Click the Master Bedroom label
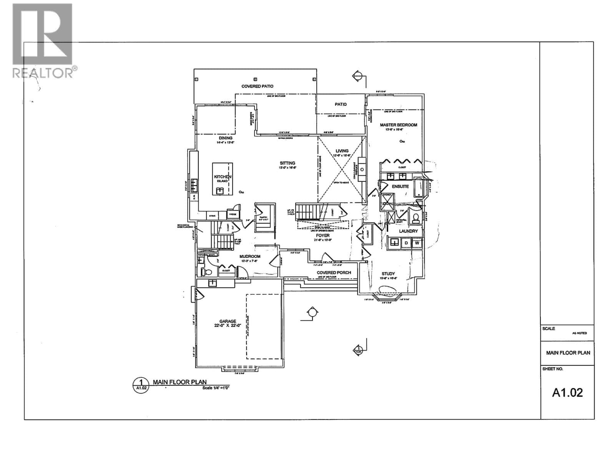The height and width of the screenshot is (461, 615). pyautogui.click(x=398, y=125)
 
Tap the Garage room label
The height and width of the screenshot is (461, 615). pyautogui.click(x=228, y=322)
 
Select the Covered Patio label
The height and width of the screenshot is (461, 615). pyautogui.click(x=257, y=86)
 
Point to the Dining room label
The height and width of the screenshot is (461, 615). pyautogui.click(x=226, y=138)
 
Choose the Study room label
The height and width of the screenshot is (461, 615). pyautogui.click(x=388, y=274)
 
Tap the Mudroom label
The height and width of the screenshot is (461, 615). pyautogui.click(x=250, y=256)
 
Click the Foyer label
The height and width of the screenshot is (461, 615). pyautogui.click(x=322, y=235)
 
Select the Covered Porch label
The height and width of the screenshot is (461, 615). pyautogui.click(x=334, y=273)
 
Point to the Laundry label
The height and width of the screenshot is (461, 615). pyautogui.click(x=408, y=231)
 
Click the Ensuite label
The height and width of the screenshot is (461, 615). pyautogui.click(x=400, y=186)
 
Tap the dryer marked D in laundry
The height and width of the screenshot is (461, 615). pyautogui.click(x=406, y=243)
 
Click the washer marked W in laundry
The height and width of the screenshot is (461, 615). pyautogui.click(x=417, y=243)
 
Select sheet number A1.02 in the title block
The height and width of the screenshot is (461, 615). pyautogui.click(x=567, y=392)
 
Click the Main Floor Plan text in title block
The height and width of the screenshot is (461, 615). pyautogui.click(x=568, y=353)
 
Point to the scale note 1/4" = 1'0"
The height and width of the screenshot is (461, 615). pyautogui.click(x=216, y=388)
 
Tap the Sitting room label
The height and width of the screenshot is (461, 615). pyautogui.click(x=288, y=163)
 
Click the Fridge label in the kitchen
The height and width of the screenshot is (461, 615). pyautogui.click(x=233, y=214)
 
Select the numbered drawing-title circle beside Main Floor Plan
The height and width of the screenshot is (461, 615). pyautogui.click(x=141, y=384)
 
